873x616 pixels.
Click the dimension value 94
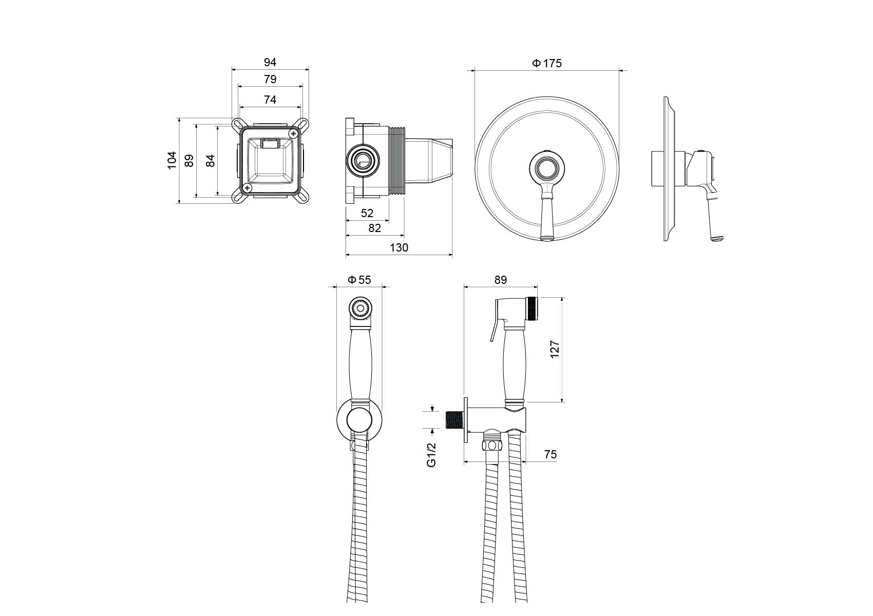coord(270,62)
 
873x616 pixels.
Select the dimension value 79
coord(270,79)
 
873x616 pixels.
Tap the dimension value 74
coord(270,100)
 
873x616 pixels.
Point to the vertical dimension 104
coord(172,160)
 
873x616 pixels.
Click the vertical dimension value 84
coord(210,160)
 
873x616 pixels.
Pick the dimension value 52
coord(367,213)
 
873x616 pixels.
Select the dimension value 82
coord(374,228)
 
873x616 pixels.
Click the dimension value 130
coord(398,247)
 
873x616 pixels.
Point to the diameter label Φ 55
coord(359,280)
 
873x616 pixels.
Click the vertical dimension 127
coord(555,349)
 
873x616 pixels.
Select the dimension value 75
coord(550,454)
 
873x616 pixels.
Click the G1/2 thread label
coord(431,454)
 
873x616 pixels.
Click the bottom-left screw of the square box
coord(248,188)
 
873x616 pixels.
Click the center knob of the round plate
coord(546,167)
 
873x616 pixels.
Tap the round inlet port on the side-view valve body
coord(363,160)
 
